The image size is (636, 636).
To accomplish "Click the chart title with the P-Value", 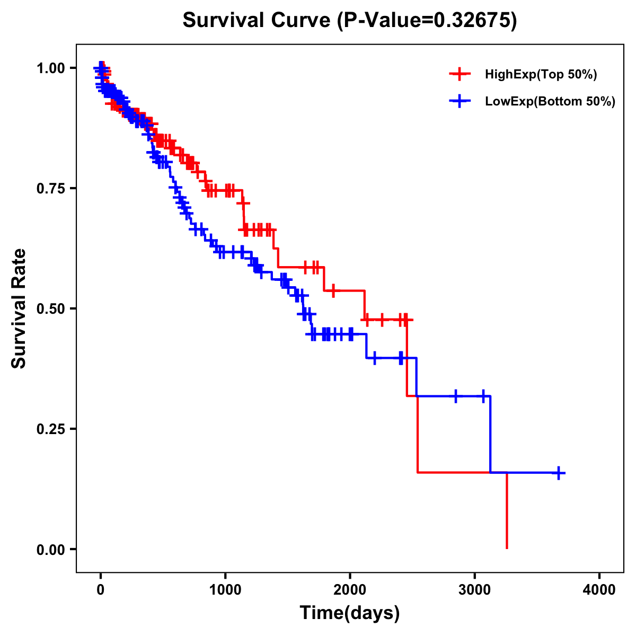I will [x=349, y=20].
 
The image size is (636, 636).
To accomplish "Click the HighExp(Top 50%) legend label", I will [x=541, y=75].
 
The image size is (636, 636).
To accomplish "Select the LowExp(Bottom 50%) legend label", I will [x=550, y=102].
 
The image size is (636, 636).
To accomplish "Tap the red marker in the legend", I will [x=460, y=75].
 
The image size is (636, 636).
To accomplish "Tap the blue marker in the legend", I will [x=460, y=102].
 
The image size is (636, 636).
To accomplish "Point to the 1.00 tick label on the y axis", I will [x=51, y=68].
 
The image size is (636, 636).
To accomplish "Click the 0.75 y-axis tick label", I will [x=51, y=189].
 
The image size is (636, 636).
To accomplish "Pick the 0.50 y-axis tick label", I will [x=51, y=309].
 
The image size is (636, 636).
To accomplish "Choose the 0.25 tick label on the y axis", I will [x=51, y=429].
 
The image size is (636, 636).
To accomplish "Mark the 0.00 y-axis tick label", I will [x=51, y=550].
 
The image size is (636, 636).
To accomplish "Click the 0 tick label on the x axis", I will [x=101, y=590].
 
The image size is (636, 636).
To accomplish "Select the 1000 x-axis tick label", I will [x=225, y=590].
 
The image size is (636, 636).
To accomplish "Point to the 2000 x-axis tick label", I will [x=350, y=590].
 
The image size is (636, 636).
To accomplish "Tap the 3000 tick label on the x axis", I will [x=475, y=590].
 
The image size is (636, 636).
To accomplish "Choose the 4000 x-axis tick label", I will [x=599, y=590].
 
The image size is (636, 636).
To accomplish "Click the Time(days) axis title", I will [x=350, y=613].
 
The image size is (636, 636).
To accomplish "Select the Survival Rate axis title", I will [x=19, y=308].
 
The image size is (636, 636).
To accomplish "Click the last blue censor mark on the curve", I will [x=558, y=473].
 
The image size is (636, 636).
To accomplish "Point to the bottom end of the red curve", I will [x=507, y=547].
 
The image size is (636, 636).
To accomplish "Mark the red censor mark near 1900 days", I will [x=333, y=290].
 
